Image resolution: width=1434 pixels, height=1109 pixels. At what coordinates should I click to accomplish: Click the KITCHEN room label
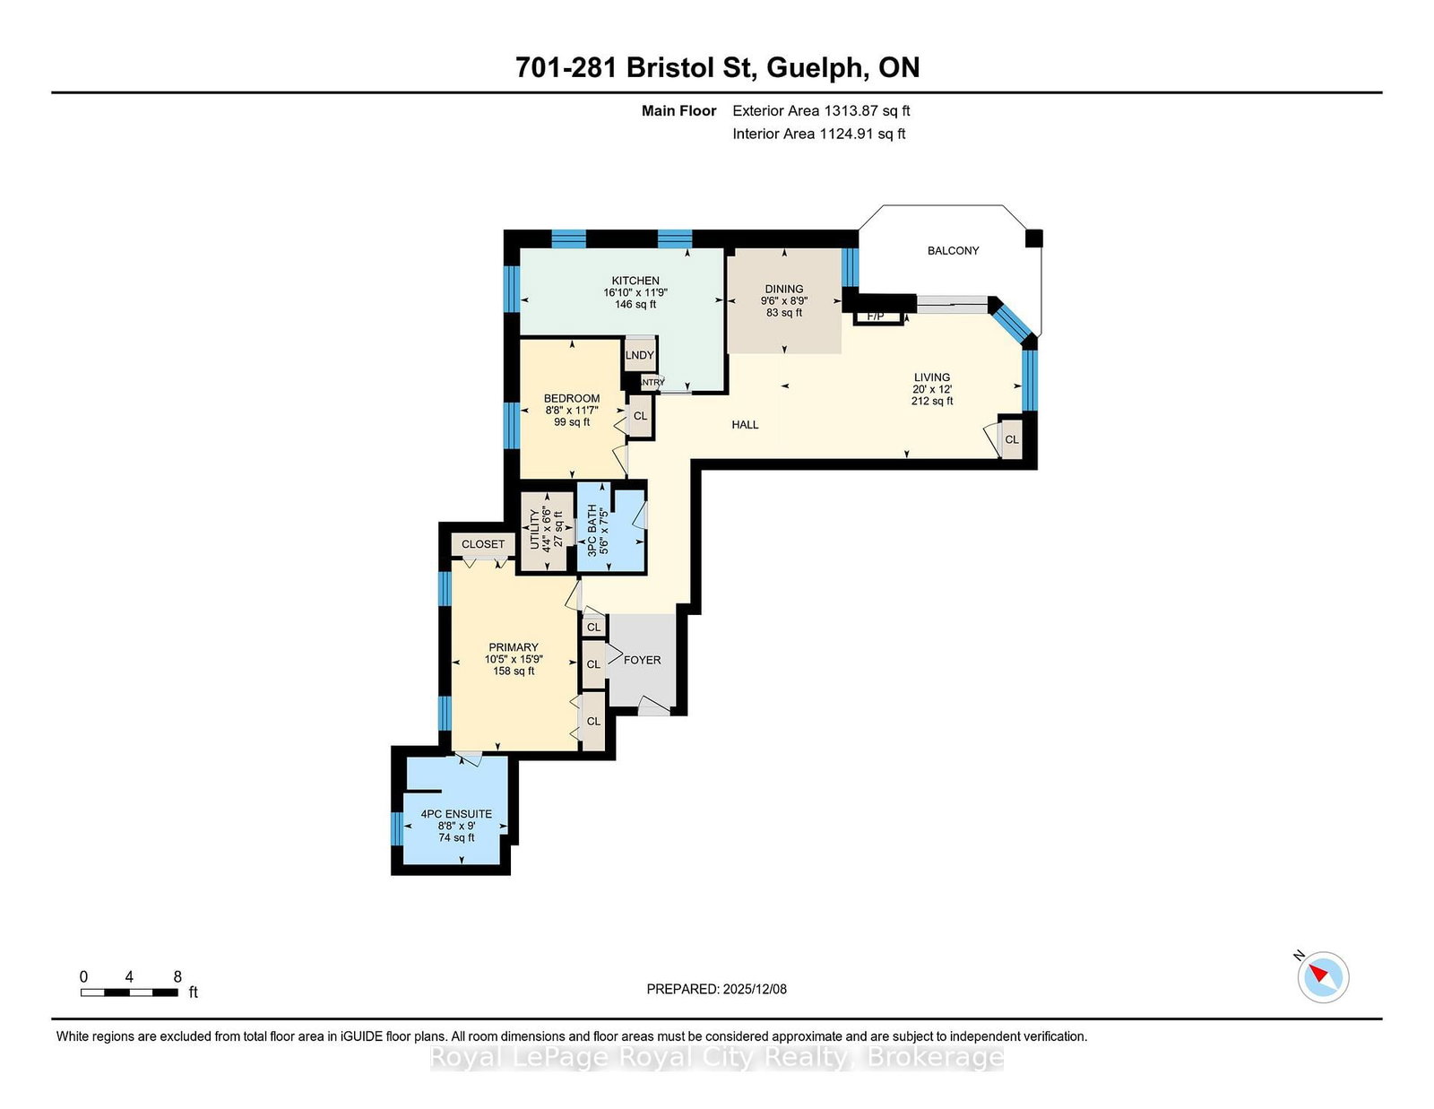click(635, 281)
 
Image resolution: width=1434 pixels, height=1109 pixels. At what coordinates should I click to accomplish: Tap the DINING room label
click(784, 289)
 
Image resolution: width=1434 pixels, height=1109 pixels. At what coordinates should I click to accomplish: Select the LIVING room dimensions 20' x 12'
click(932, 389)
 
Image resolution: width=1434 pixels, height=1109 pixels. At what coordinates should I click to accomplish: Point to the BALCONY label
click(953, 251)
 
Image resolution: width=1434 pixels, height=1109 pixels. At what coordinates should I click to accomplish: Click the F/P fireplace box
click(877, 316)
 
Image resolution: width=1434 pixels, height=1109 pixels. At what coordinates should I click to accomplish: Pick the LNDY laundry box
click(640, 355)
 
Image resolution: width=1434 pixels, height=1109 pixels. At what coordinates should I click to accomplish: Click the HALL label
click(745, 425)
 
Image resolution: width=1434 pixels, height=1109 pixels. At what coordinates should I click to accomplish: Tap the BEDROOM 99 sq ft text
click(572, 422)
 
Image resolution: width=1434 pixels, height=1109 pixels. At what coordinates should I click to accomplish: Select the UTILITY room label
click(535, 529)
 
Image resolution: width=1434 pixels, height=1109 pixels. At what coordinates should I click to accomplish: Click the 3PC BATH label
click(592, 530)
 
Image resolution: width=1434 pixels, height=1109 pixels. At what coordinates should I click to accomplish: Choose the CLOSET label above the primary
click(483, 544)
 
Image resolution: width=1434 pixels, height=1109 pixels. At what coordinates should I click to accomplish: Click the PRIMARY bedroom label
click(514, 647)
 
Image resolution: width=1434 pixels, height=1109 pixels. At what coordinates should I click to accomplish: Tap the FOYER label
click(643, 660)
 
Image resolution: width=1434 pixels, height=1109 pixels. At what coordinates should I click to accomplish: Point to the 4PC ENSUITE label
click(456, 814)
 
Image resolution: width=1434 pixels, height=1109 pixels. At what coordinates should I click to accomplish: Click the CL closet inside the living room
click(1012, 439)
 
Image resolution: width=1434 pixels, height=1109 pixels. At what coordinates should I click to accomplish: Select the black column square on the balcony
click(1033, 238)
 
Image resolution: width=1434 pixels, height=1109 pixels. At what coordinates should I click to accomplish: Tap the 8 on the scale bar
click(177, 977)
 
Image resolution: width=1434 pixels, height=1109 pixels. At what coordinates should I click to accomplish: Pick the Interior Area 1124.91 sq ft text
click(819, 134)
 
